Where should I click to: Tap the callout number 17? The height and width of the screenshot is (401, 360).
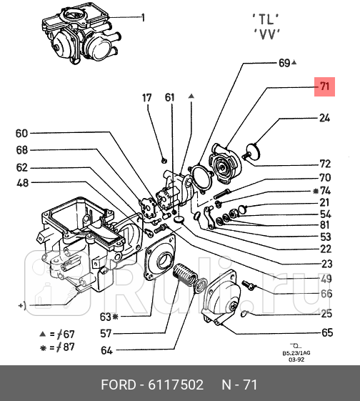[146, 98]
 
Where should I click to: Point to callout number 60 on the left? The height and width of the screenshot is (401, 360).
[21, 133]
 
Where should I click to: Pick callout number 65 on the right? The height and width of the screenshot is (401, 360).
[326, 332]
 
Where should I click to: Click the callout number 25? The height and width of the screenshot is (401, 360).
[326, 313]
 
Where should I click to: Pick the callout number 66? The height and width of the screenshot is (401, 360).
[326, 294]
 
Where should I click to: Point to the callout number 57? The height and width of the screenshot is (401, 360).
[105, 333]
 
